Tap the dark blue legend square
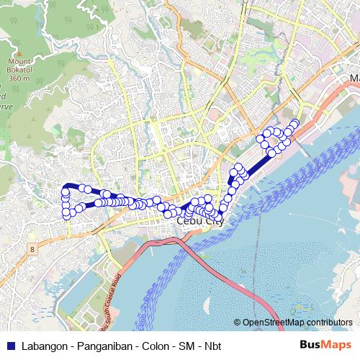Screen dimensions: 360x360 coord(9,345)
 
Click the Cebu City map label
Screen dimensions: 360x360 coord(199,222)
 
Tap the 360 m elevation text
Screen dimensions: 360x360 coord(15,78)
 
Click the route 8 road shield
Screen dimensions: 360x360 coord(32,249)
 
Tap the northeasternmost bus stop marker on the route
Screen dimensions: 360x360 coord(294,122)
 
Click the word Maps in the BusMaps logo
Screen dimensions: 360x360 coord(338,345)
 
